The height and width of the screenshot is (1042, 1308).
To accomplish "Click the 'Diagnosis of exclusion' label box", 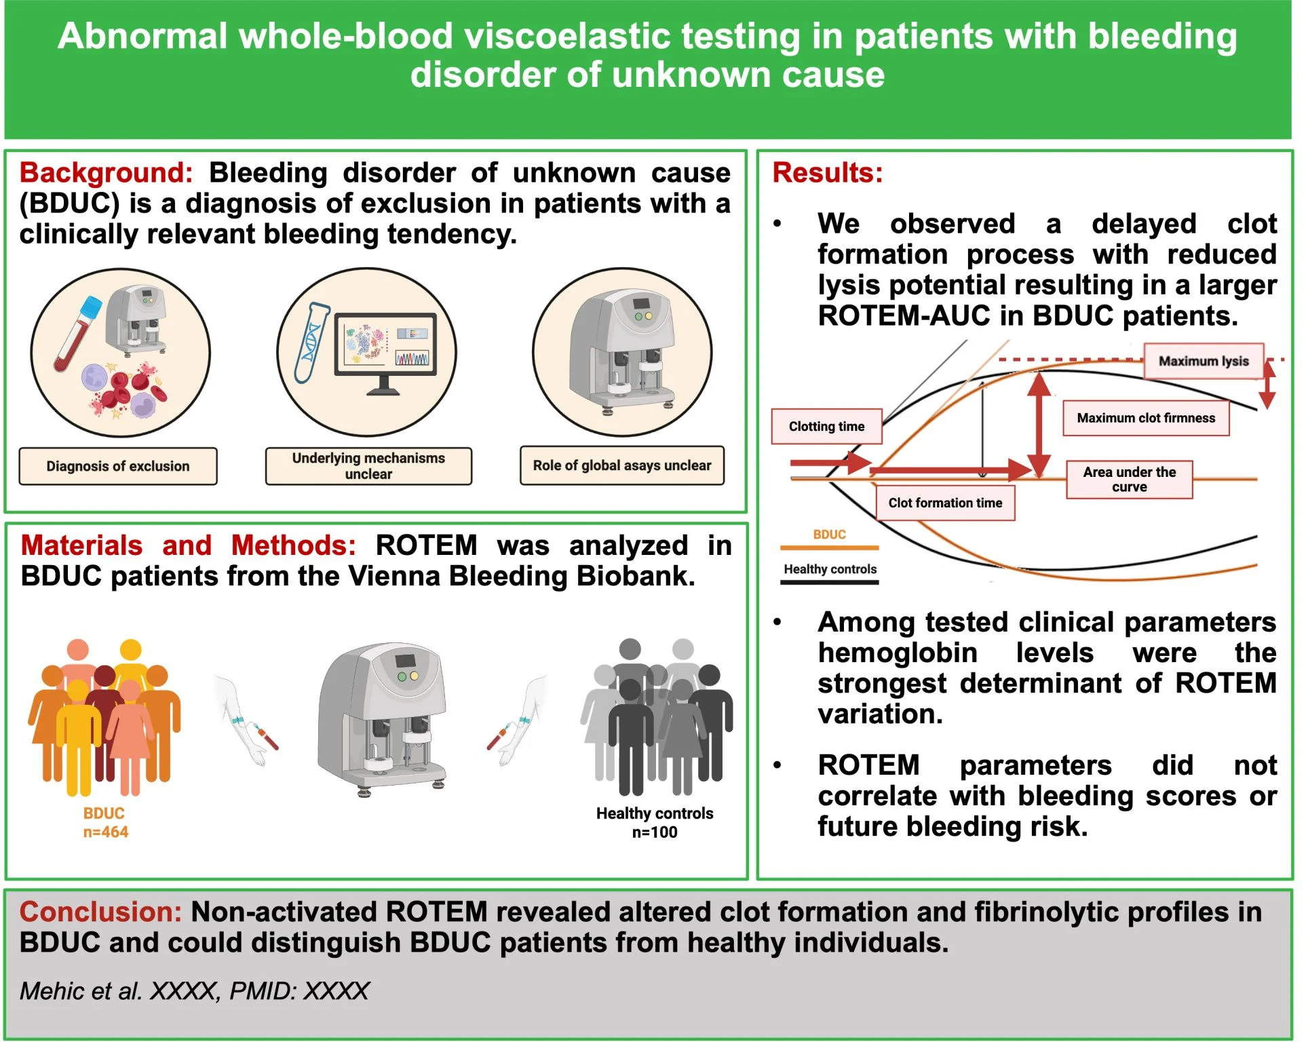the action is click(x=118, y=466).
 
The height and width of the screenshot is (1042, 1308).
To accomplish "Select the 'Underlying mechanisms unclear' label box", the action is click(x=368, y=466).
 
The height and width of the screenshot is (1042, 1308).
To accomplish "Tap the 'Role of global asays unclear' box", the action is click(x=622, y=465).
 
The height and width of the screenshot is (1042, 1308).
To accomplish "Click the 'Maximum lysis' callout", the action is click(x=1204, y=361).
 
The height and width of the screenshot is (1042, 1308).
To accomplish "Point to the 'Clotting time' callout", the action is click(x=826, y=426).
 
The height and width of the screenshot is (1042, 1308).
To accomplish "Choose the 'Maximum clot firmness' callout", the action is click(x=1146, y=418).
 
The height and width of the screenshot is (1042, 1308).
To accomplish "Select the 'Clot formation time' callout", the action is click(x=945, y=503).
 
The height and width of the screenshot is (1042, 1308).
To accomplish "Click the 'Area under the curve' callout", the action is click(x=1130, y=480).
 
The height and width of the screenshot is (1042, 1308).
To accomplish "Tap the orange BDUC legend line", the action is click(x=829, y=547).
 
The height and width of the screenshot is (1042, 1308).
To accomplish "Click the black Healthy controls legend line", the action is click(x=829, y=582).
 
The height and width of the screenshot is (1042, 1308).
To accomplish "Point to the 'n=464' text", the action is click(x=106, y=832).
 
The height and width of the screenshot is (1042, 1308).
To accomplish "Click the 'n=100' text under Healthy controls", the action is click(x=655, y=832).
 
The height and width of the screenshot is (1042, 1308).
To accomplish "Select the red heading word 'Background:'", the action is click(x=107, y=173).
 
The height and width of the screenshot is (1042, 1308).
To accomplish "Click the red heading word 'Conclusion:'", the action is click(x=100, y=912).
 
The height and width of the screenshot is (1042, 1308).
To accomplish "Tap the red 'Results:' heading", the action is click(x=828, y=173).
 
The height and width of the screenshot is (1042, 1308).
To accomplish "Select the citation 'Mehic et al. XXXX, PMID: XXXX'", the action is click(x=194, y=991).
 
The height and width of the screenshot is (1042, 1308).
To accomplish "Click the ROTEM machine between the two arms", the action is click(x=382, y=718).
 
